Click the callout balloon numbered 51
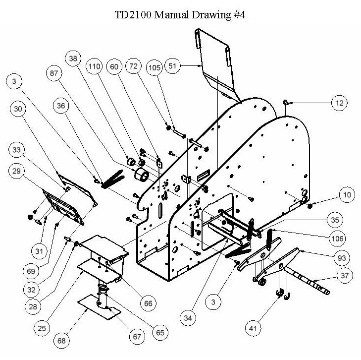[x=172, y=66]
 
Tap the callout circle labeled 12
[x=340, y=103]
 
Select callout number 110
[x=94, y=66]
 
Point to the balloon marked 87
[x=54, y=73]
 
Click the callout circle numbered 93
[x=342, y=258]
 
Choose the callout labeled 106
[x=338, y=239]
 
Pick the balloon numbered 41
[x=253, y=328]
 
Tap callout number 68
[x=61, y=340]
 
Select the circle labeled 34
[x=188, y=318]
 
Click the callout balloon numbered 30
[x=18, y=109]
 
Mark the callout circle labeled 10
[x=347, y=195]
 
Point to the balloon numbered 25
[x=42, y=328]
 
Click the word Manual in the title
[x=171, y=15]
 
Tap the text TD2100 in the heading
[x=133, y=15]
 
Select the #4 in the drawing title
[x=239, y=15]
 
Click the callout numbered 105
[x=154, y=67]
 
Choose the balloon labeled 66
[x=148, y=303]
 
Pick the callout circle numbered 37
[x=345, y=275]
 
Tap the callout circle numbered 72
[x=134, y=66]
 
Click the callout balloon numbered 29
[x=16, y=171]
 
